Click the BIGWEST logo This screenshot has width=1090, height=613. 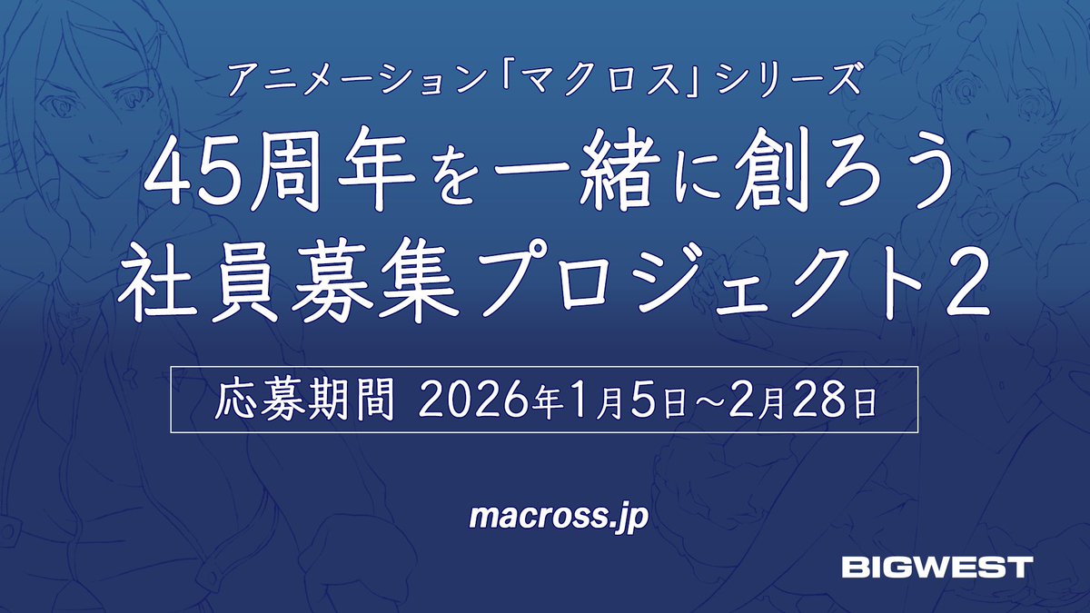[936, 568]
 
